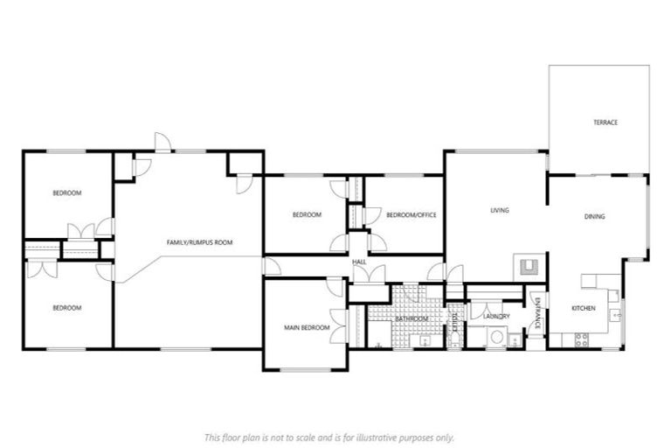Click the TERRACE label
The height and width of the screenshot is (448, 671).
coord(605,122)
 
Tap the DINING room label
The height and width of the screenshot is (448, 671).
coord(595,216)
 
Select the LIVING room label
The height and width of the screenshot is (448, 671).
coord(499,210)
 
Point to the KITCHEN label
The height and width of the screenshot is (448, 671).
coord(583,308)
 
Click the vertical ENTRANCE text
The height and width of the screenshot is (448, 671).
coord(537,313)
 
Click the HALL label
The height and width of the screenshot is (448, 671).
coord(358,262)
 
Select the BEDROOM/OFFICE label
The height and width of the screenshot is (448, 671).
coord(411,215)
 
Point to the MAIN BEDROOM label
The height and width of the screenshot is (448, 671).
coord(307,328)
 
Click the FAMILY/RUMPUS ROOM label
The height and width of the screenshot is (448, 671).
coord(200,241)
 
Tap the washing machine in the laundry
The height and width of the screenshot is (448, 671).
coord(496,338)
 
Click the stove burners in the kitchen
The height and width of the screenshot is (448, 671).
coord(581,340)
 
